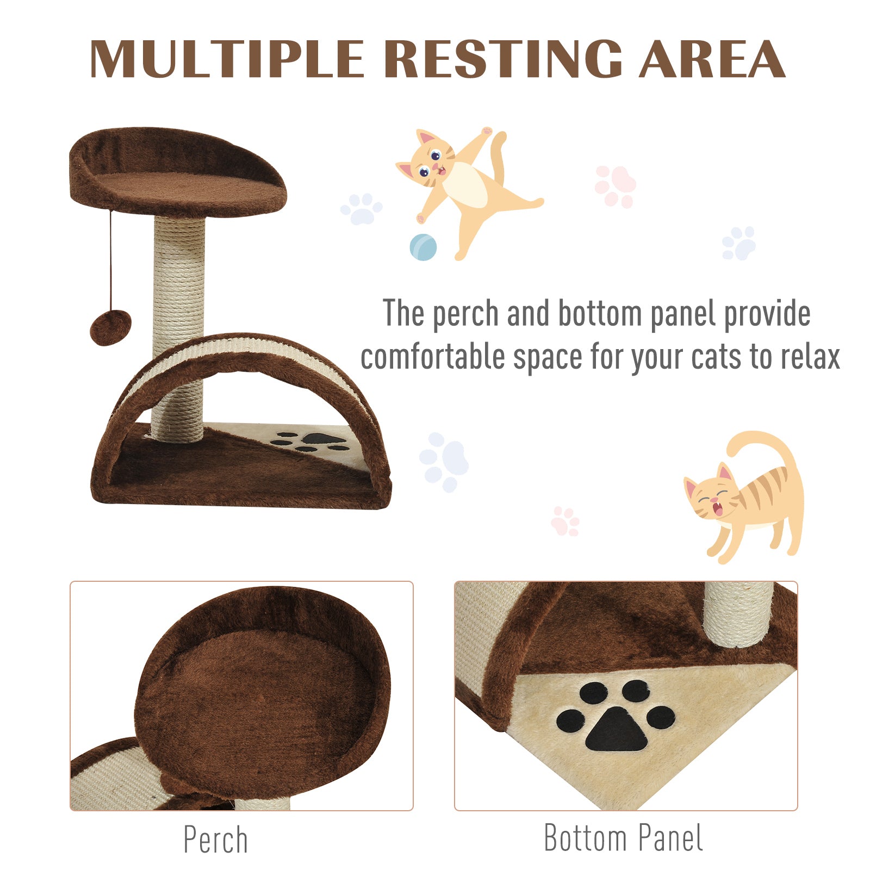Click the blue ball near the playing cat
coord(423,247)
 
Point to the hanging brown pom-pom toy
coord(110,327)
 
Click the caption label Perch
coord(215,840)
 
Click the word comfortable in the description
coord(432,357)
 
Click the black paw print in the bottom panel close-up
coord(616,717)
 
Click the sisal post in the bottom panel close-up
coord(738,613)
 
